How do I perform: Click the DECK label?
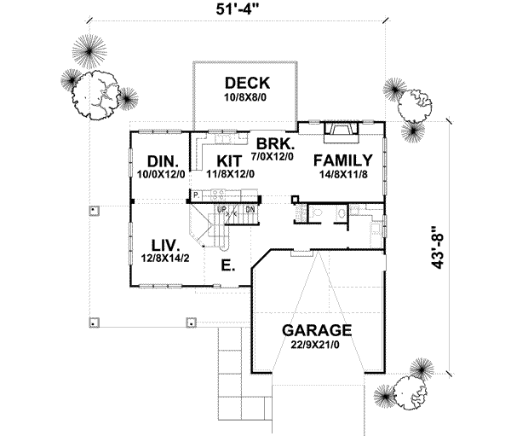(x=247, y=83)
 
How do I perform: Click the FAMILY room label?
(x=342, y=160)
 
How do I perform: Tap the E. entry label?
(x=227, y=265)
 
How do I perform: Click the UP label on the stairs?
(x=222, y=208)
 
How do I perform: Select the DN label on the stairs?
(x=250, y=208)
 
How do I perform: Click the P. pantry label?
(x=196, y=195)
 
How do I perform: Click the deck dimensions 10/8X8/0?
(x=247, y=98)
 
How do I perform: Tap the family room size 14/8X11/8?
(x=342, y=174)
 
